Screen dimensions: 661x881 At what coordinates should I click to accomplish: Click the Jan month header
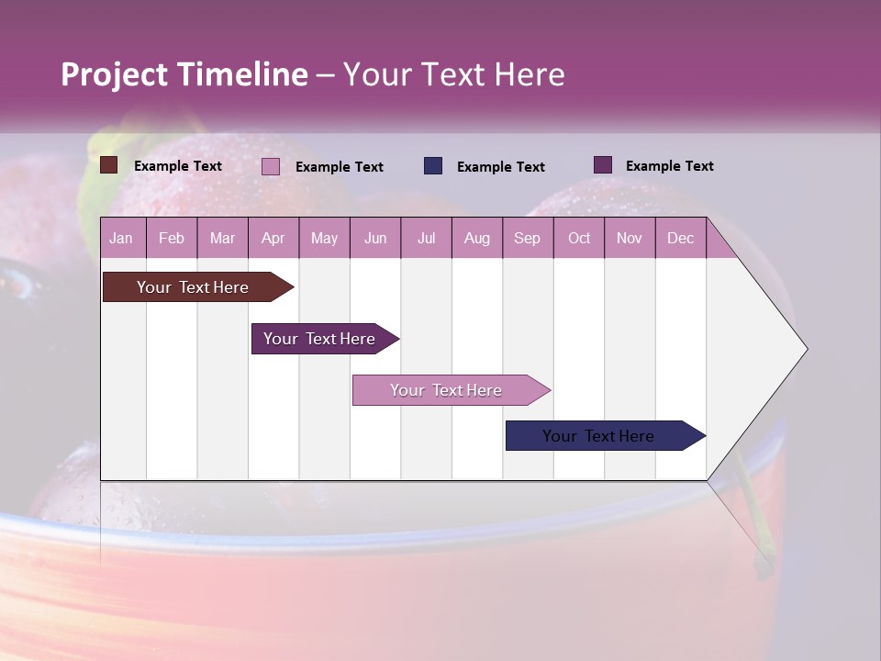click(121, 238)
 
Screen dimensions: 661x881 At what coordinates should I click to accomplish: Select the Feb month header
click(172, 238)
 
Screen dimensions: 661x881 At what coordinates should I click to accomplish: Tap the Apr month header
click(273, 238)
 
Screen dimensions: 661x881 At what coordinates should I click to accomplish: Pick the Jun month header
click(374, 238)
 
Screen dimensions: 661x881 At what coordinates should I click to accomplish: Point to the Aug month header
click(476, 238)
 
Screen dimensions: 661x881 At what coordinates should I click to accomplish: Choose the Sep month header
click(527, 238)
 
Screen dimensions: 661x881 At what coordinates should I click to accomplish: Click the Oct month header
click(579, 238)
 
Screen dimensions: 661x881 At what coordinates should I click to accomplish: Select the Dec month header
click(680, 238)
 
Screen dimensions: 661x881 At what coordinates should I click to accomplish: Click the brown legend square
click(109, 165)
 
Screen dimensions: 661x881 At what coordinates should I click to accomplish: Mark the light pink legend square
click(271, 166)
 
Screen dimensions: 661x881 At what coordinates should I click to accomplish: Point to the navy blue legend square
click(433, 166)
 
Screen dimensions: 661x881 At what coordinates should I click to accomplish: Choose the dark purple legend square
click(603, 165)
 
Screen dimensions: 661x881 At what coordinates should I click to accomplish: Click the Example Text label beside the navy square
click(501, 167)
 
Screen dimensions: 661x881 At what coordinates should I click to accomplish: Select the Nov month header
click(629, 238)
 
